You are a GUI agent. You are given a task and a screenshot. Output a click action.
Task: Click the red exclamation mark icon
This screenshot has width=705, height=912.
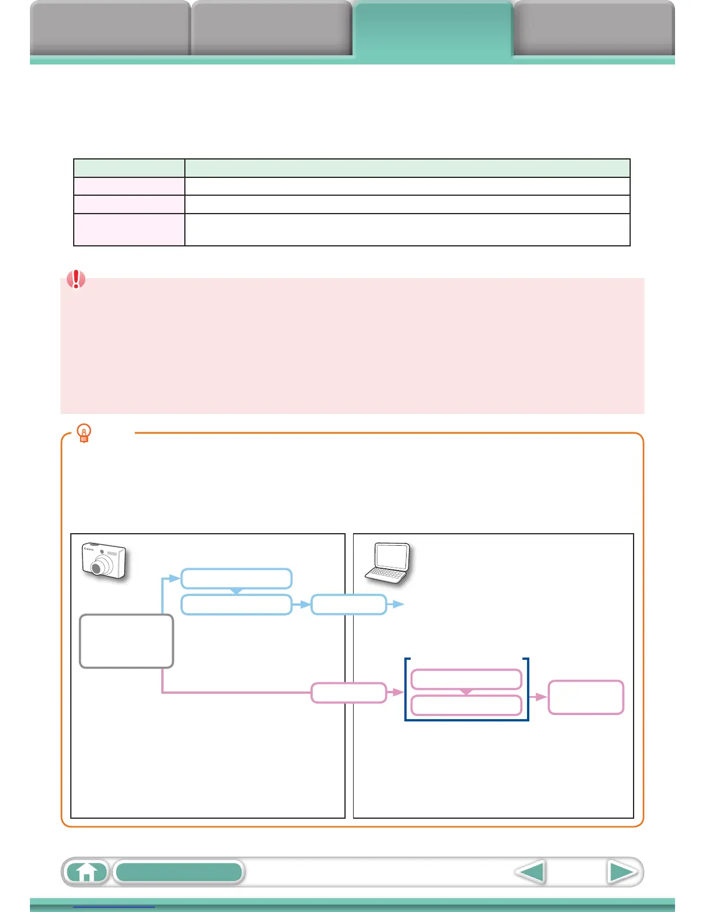76,279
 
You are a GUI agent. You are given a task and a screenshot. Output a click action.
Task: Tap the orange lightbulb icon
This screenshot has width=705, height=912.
84,433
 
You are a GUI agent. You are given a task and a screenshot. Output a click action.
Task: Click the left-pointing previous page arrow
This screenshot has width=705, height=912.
530,872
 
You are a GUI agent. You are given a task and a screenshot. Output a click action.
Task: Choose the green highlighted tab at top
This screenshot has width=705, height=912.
433,29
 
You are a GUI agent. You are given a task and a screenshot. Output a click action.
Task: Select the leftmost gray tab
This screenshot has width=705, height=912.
110,29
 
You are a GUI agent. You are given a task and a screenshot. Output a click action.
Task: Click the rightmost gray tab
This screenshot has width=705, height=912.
594,29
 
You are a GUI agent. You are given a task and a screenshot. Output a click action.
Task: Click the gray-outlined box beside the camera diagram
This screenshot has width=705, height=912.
126,641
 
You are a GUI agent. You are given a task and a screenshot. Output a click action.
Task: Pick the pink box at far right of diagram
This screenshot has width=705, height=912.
586,697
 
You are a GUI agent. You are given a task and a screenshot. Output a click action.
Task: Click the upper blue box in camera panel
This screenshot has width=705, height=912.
236,578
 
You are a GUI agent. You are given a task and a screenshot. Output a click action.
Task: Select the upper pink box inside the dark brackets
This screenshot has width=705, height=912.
466,679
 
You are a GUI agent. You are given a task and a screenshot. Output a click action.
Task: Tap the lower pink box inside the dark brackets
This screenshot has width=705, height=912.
466,705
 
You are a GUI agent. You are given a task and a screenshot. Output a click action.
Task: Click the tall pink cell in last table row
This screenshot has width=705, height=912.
129,230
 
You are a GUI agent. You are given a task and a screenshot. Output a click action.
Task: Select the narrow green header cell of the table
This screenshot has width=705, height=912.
129,168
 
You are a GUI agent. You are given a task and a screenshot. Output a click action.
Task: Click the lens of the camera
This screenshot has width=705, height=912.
97,568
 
